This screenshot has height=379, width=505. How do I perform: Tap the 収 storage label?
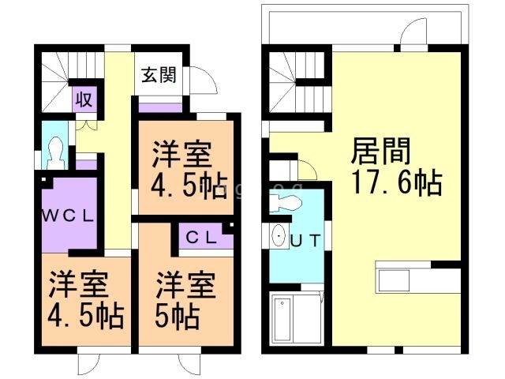click(84, 99)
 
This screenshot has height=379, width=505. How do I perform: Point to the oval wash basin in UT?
click(279, 238)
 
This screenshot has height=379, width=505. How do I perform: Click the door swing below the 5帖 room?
click(190, 363)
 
